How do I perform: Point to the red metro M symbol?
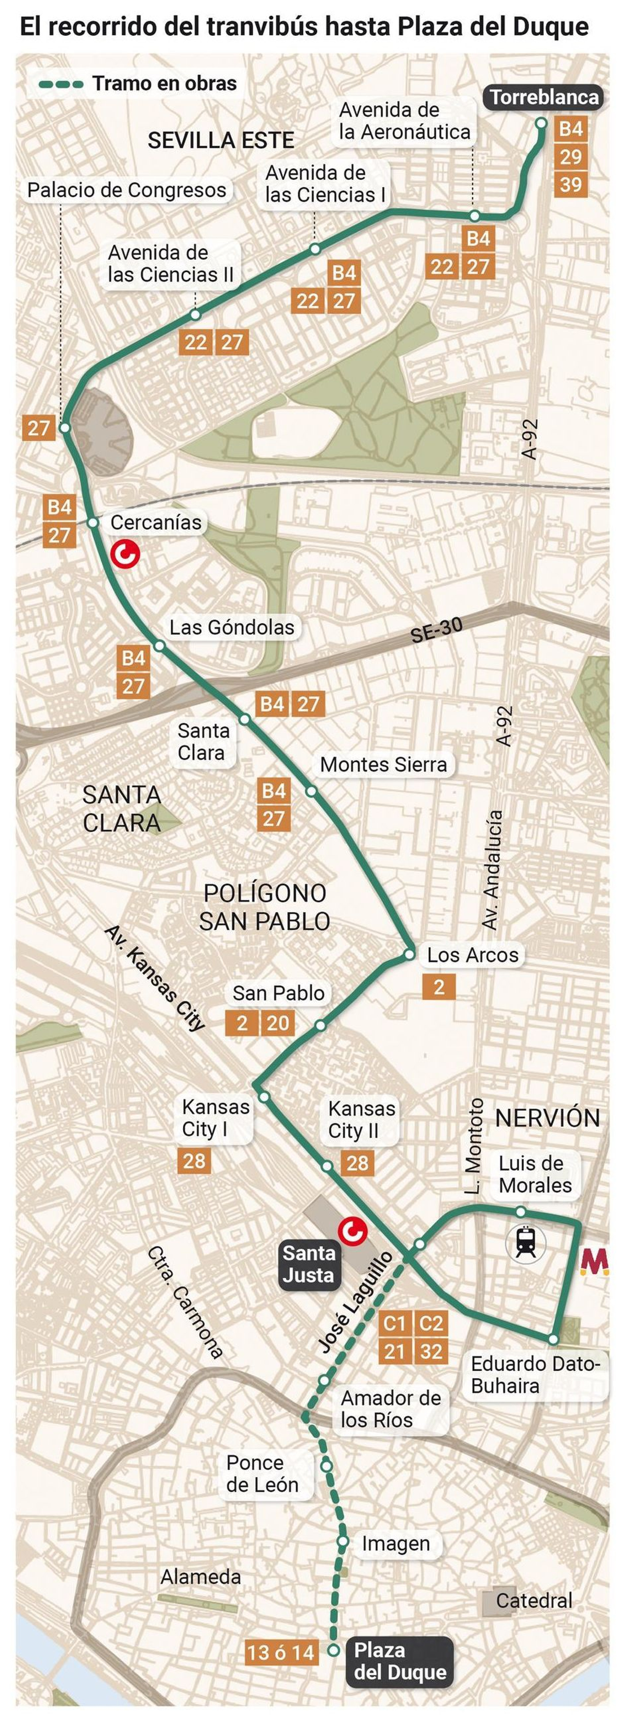[593, 1261]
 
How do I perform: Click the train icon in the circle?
[526, 1243]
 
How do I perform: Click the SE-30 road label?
[436, 629]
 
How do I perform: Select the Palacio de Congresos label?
[127, 190]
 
